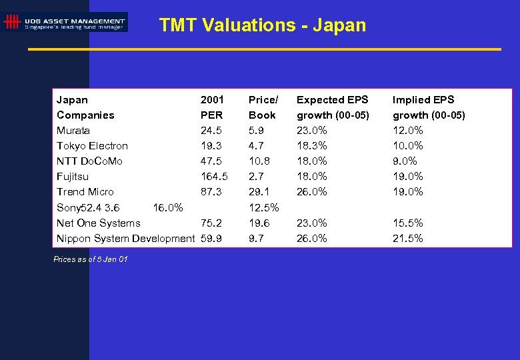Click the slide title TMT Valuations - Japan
262,25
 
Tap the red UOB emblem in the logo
11,22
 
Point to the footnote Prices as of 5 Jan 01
91,259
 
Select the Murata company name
73,130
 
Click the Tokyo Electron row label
92,145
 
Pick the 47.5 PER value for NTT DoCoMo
211,161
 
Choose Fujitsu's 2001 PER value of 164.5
214,176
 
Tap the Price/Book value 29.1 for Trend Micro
259,191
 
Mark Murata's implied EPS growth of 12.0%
407,130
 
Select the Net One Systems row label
98,223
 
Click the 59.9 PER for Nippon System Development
211,238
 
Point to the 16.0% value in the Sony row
168,207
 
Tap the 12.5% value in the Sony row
263,207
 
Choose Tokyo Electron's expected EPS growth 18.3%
311,145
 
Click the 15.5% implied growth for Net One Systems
407,223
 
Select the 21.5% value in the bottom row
407,238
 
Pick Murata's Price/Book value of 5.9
256,130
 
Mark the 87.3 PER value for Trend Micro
211,191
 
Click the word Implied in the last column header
409,99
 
